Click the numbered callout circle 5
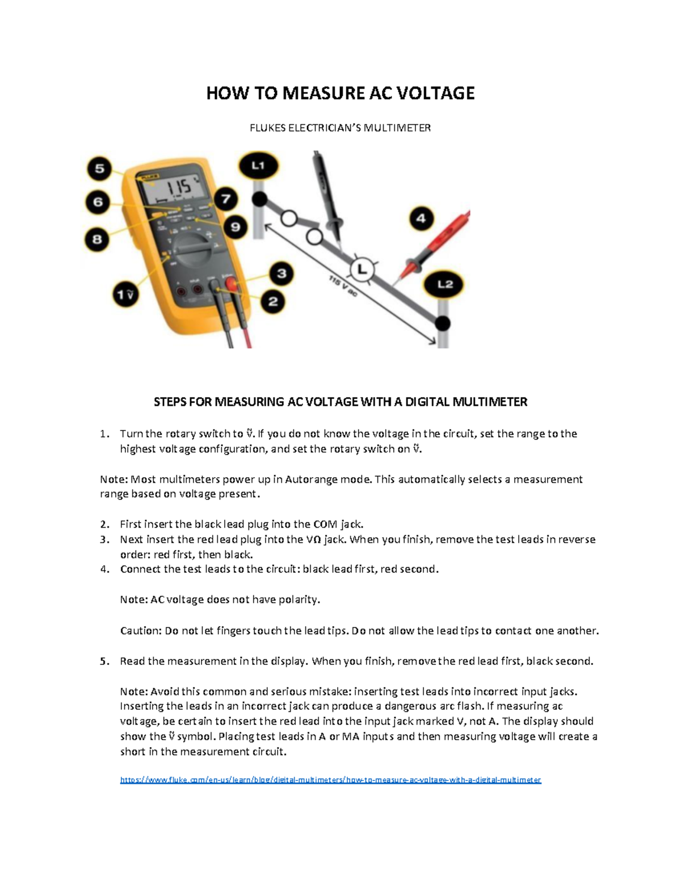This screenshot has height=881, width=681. tap(100, 168)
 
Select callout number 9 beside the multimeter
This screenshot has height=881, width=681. tap(234, 227)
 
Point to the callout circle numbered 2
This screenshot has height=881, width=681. tap(273, 301)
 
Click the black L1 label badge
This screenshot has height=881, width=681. tap(258, 166)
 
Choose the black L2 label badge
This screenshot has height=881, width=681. tap(445, 284)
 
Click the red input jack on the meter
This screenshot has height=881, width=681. tap(231, 284)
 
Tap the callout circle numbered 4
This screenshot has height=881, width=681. tap(421, 218)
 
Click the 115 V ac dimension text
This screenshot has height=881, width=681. tap(342, 287)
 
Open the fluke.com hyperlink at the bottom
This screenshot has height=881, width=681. tap(330, 780)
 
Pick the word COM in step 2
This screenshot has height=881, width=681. tap(325, 524)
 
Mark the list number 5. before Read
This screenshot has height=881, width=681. tap(104, 661)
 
